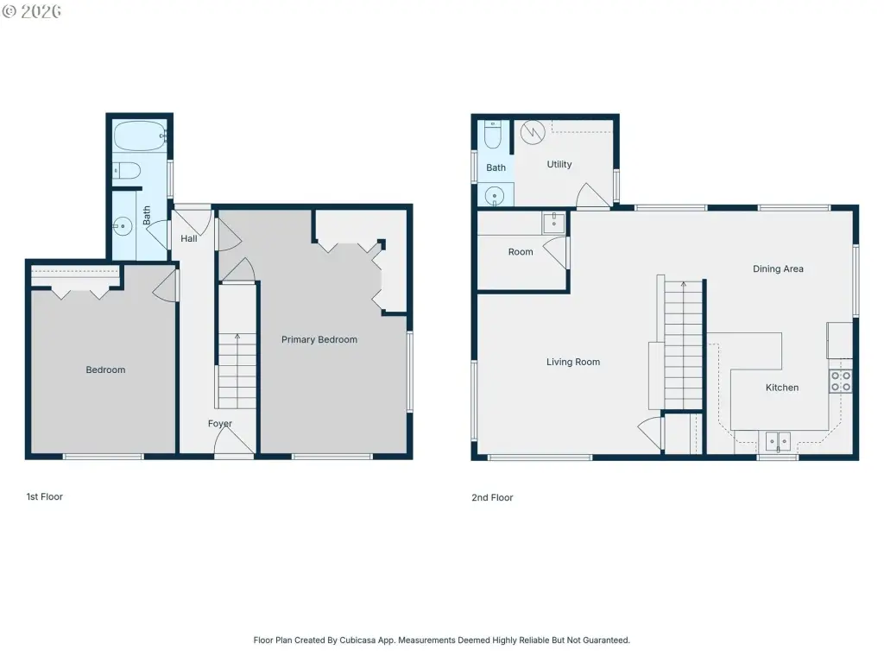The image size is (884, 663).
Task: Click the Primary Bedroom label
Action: [x=319, y=339]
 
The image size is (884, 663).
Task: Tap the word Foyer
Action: [x=220, y=423]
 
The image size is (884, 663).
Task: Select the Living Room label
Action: [x=573, y=362]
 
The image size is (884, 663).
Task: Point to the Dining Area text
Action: [x=778, y=269]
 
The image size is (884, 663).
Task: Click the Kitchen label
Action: [x=782, y=388]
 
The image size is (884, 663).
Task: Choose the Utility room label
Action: [x=559, y=164]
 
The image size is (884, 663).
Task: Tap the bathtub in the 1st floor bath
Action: [x=140, y=136]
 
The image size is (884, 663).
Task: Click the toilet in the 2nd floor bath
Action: [x=493, y=135]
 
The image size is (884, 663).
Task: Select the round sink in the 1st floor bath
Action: [x=123, y=227]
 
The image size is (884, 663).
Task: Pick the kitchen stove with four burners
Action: [x=840, y=381]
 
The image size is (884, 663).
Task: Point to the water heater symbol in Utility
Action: [x=532, y=132]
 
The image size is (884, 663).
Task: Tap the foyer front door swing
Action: [x=234, y=439]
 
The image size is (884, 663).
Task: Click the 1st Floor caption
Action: [x=45, y=496]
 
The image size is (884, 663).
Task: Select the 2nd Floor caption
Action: [x=492, y=498]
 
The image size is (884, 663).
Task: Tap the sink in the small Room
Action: [x=553, y=223]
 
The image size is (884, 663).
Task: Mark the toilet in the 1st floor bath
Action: [x=126, y=170]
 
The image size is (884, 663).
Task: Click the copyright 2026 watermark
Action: [x=32, y=11]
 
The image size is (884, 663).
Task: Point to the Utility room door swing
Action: [x=592, y=195]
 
